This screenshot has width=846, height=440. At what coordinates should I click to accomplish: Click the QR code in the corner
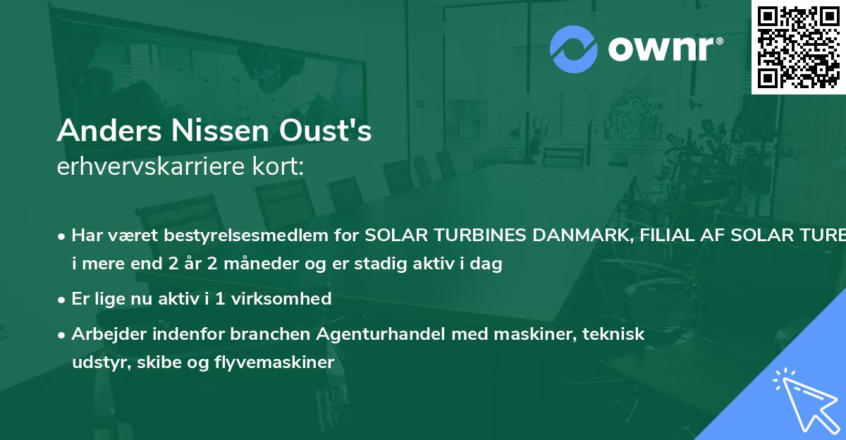pyautogui.click(x=798, y=47)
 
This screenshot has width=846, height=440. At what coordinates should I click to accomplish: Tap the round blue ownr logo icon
pyautogui.click(x=573, y=49)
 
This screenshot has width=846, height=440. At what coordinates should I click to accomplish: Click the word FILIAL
pyautogui.click(x=658, y=236)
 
